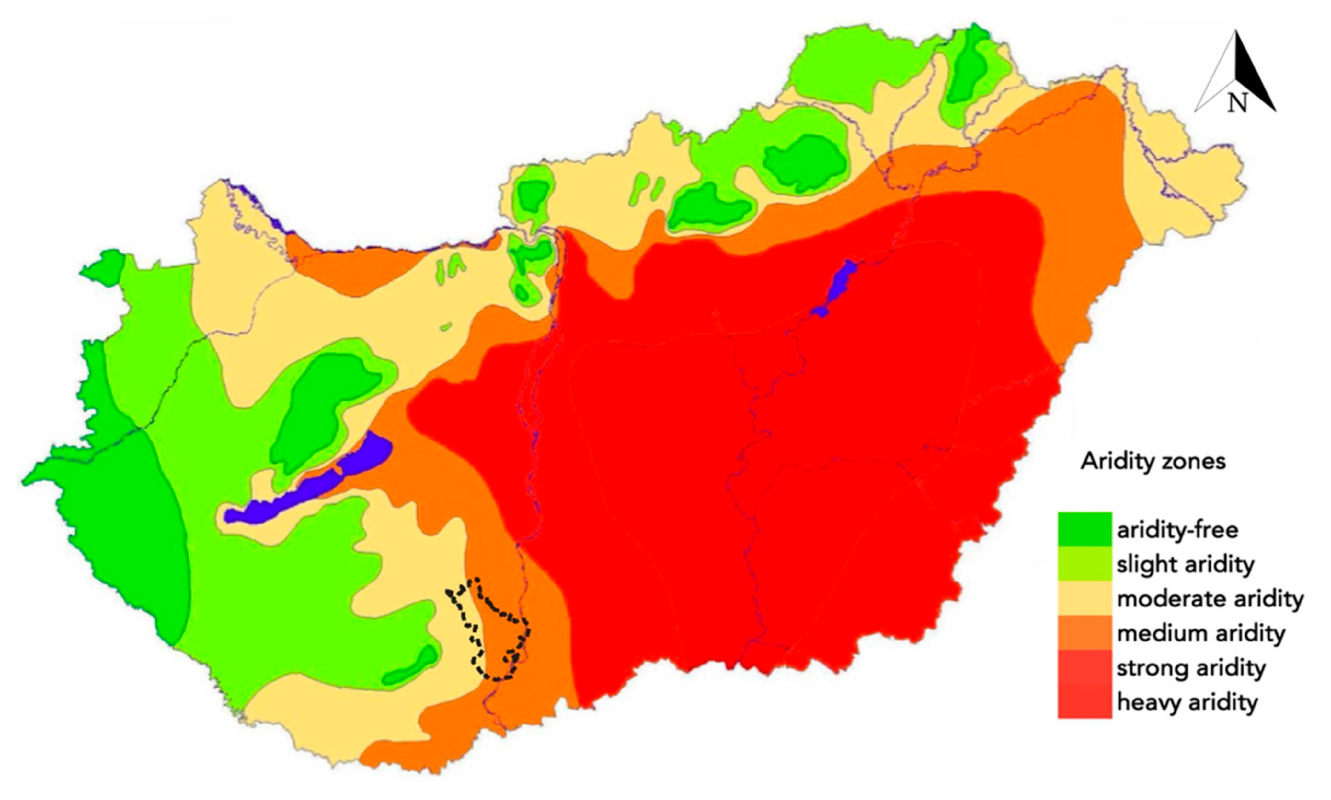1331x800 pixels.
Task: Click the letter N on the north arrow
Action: point(1237,102)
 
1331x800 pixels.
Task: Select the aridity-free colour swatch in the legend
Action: point(1084,529)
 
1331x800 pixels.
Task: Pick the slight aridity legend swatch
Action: point(1084,563)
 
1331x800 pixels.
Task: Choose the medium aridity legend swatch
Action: point(1084,632)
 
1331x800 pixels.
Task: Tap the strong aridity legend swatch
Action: point(1084,667)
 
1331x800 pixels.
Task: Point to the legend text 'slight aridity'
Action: point(1185,564)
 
